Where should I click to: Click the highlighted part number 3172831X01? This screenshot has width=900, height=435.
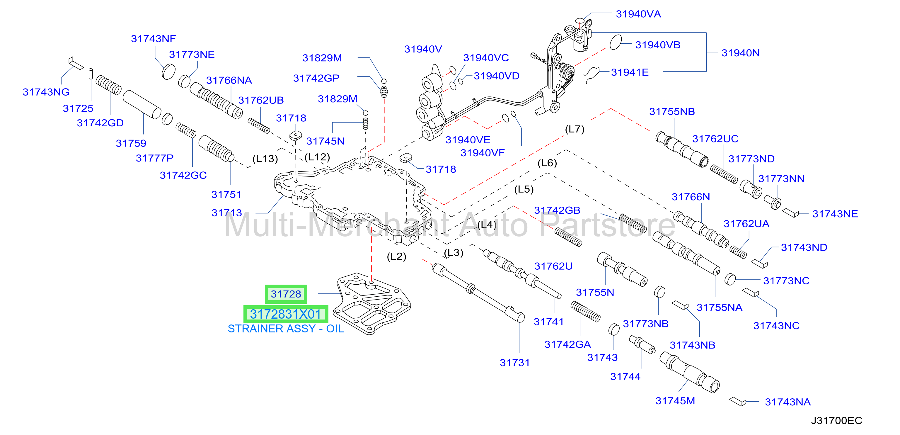pos(285,314)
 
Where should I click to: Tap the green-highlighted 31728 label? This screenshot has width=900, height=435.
pos(286,294)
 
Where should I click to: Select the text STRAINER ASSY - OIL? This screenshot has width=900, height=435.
pos(286,329)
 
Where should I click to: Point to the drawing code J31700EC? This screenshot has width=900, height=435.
pos(836,421)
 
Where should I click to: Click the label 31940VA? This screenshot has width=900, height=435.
pos(638,14)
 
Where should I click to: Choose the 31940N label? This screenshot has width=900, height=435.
pos(741,53)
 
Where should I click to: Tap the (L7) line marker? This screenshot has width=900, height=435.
pos(575,129)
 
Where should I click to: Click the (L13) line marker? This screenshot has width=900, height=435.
pos(265,159)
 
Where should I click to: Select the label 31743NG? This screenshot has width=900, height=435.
pos(46,92)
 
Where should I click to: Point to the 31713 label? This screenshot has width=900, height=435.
pos(227,213)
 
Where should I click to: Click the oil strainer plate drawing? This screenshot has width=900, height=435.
pos(372,303)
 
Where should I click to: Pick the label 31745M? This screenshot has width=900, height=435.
pos(675,401)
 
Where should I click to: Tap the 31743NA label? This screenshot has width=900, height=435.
pos(788,402)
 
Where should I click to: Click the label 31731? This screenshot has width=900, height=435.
pos(515,363)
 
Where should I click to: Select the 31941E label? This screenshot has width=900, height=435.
pos(630,72)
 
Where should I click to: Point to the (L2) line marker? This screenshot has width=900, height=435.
pos(397,257)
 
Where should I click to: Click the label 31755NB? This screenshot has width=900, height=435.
pos(672,112)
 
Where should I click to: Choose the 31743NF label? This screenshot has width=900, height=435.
pos(154,38)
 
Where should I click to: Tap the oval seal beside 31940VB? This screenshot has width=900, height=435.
pos(616,42)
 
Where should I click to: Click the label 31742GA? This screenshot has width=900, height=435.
pos(568,344)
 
